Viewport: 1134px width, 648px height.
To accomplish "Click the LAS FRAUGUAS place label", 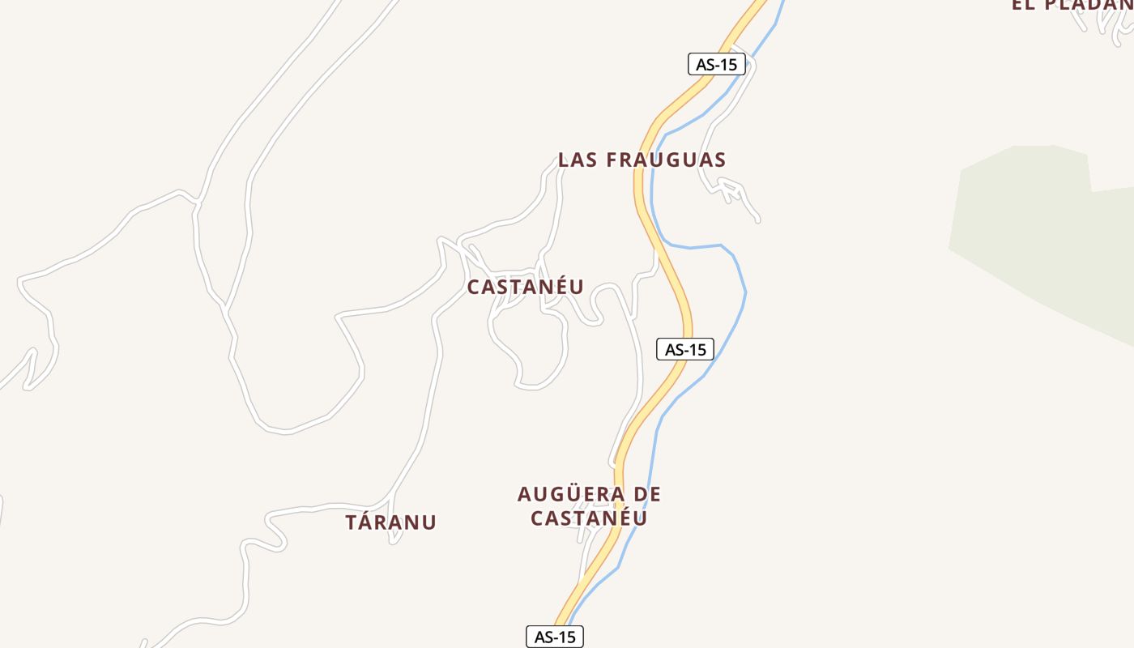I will tap(642, 160).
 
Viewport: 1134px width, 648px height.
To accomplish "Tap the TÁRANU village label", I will tap(390, 522).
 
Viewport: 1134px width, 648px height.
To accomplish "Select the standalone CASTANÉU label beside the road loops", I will tap(525, 287).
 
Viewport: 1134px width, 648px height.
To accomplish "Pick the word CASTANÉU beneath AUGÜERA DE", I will tap(589, 518).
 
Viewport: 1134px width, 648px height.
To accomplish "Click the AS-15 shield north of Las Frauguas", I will tap(716, 64).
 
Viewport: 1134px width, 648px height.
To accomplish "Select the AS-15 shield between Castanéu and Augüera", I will tap(684, 349).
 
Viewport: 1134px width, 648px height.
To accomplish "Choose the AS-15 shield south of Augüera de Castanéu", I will tap(555, 637).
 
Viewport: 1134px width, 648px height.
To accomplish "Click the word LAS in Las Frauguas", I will tap(578, 160).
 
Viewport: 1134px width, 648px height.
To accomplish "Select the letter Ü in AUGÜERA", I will tap(568, 493).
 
